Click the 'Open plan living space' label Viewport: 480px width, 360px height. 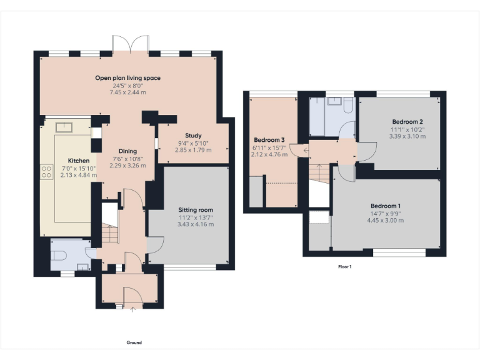[x=127, y=78]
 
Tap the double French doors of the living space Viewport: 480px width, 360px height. [x=129, y=44]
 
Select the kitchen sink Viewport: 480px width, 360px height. [x=65, y=127]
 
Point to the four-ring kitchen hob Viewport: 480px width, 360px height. [x=46, y=172]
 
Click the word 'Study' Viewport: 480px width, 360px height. [x=192, y=136]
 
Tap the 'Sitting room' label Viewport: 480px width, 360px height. [x=196, y=209]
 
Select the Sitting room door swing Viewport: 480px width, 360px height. [x=156, y=244]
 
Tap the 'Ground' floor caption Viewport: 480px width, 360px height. [x=134, y=342]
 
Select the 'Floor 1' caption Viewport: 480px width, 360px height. [x=345, y=267]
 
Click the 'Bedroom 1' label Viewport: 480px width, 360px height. [x=385, y=206]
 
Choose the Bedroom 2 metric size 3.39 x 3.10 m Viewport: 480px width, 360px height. [x=407, y=136]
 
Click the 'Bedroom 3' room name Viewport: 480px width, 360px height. [x=269, y=140]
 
